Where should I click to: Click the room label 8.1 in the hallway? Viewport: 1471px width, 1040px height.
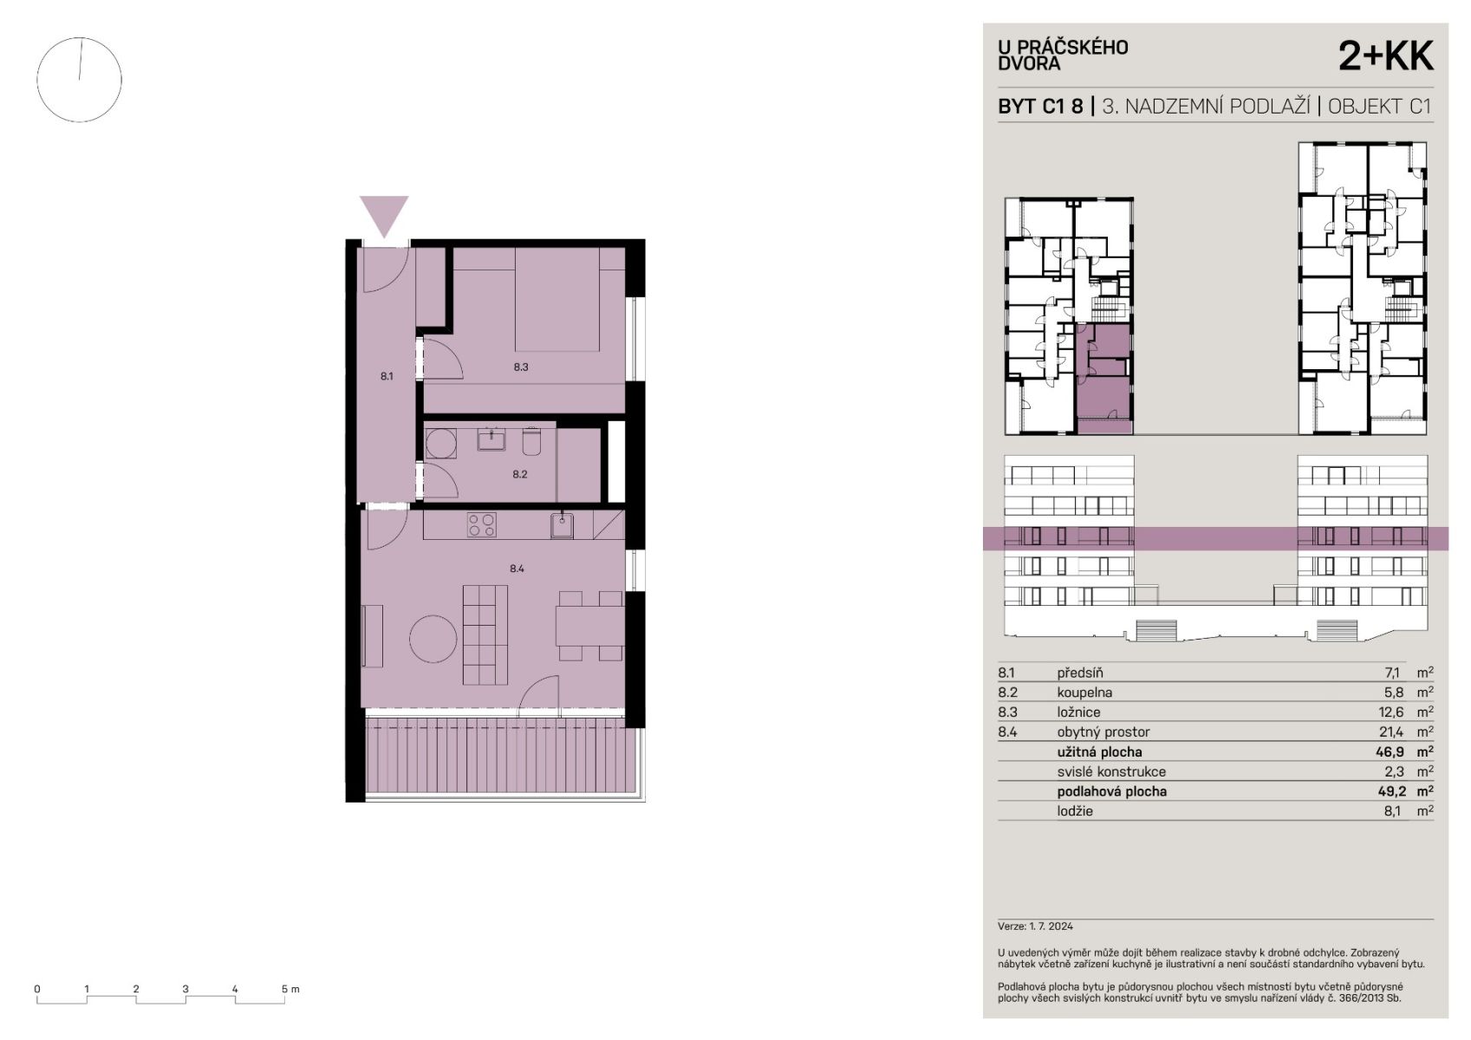[386, 377]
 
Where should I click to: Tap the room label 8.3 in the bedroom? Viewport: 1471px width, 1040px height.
[521, 367]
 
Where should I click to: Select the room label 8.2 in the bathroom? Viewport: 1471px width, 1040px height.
[519, 474]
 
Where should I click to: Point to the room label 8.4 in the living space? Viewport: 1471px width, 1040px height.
[517, 569]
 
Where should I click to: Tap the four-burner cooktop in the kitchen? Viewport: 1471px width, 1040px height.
[481, 525]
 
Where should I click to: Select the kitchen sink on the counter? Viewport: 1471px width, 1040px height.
[562, 526]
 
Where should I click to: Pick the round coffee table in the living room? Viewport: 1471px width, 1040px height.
[433, 639]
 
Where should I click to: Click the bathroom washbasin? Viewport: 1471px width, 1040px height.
[491, 439]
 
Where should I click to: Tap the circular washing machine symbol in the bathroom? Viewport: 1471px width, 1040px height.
[441, 444]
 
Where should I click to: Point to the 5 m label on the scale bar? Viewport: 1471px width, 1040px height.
[290, 989]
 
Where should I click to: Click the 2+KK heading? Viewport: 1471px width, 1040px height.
[1386, 56]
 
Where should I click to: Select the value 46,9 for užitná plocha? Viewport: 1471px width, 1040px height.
[1391, 751]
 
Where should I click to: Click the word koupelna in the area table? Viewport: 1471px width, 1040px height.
[1085, 692]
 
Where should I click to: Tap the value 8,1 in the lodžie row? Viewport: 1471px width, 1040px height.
[1392, 811]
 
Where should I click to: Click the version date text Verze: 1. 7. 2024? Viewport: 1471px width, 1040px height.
[1035, 926]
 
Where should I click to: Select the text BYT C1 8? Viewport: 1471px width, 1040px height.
[1040, 107]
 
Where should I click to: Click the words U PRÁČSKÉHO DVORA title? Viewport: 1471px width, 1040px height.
[1063, 55]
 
